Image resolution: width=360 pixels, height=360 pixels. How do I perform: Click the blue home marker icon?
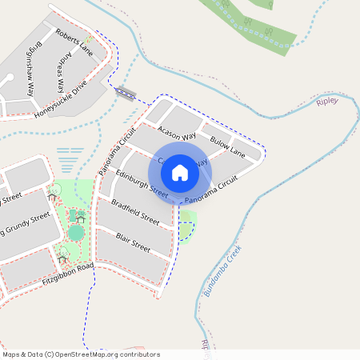(180, 172)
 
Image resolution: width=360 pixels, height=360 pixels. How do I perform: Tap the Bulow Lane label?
(226, 146)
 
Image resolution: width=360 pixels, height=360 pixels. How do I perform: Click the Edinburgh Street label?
(141, 183)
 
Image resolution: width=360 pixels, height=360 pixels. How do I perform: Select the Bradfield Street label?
(135, 210)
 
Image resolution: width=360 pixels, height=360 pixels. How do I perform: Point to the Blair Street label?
(133, 242)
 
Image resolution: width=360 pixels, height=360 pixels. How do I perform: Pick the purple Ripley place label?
(327, 102)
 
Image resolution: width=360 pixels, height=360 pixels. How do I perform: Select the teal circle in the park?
(76, 233)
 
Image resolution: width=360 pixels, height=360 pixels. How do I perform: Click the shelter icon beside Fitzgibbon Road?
(62, 258)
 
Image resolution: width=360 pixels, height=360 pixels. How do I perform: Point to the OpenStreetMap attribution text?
(80, 354)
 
